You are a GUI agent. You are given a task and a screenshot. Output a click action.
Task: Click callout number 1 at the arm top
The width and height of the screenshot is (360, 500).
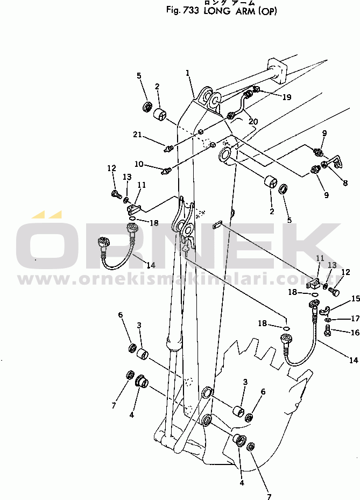pos(187,73)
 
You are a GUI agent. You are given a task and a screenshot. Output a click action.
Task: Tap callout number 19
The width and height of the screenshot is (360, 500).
pos(287,97)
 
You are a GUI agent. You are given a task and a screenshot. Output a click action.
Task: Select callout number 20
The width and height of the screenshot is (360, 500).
pos(253,122)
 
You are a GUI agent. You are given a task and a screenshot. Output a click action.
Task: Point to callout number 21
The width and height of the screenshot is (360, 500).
pos(137,135)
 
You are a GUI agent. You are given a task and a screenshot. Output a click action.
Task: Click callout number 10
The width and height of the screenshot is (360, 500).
pos(139,164)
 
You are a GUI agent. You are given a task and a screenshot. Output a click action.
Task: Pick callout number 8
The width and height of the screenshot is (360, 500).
pos(345,183)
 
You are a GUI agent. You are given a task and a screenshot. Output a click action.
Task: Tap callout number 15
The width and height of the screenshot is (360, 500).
pos(355,299)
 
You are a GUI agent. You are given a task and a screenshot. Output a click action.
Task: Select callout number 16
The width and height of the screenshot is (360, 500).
pos(355,333)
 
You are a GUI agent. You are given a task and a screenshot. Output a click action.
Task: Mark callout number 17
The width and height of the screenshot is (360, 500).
pos(355,318)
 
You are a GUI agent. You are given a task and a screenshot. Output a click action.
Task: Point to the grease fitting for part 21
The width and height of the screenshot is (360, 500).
pos(168,149)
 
